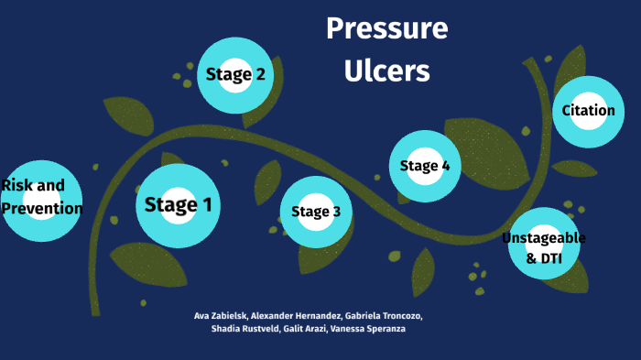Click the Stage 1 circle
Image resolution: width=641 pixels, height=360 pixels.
178,205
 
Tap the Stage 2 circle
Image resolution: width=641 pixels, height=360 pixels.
235,75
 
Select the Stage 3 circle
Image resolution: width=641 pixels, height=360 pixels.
316,213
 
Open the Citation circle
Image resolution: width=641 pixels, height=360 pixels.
588,111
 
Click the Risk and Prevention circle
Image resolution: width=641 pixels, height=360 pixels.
42,198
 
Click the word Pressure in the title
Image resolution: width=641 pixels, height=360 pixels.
386,29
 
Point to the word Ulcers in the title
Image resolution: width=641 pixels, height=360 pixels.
386,71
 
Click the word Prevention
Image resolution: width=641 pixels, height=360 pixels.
42,209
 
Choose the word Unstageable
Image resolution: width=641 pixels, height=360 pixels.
544,238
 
